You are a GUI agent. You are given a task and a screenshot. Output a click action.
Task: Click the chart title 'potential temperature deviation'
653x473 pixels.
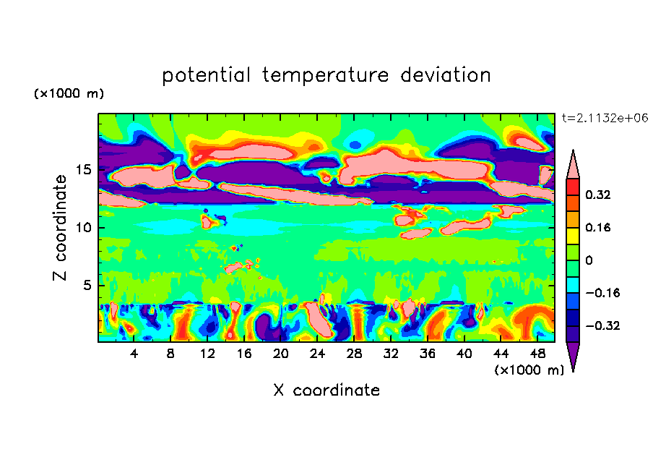coord(326,75)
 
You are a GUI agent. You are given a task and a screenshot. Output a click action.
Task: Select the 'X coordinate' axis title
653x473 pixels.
coord(326,391)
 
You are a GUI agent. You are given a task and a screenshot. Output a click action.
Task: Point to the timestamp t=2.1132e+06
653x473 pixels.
coord(605,117)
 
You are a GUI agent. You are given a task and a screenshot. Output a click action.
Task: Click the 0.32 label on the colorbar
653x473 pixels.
coord(599,195)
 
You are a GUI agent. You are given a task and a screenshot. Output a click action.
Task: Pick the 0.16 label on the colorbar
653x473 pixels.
coord(599,227)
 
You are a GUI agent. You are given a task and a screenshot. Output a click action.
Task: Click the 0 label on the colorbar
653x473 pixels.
coord(589,260)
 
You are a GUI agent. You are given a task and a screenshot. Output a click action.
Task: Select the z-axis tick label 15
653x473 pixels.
coord(84,171)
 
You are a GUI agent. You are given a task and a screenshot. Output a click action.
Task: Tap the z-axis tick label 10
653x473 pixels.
coord(84,228)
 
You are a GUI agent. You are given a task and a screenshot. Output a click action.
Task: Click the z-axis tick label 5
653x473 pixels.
coord(87,285)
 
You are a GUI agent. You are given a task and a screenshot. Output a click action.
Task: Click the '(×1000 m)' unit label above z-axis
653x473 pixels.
coord(69,94)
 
